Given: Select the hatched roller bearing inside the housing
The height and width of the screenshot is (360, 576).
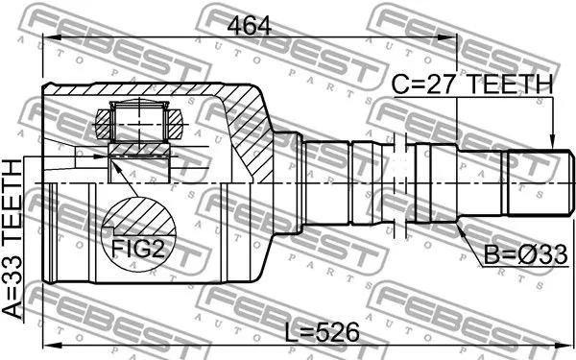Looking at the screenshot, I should click(140, 122).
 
